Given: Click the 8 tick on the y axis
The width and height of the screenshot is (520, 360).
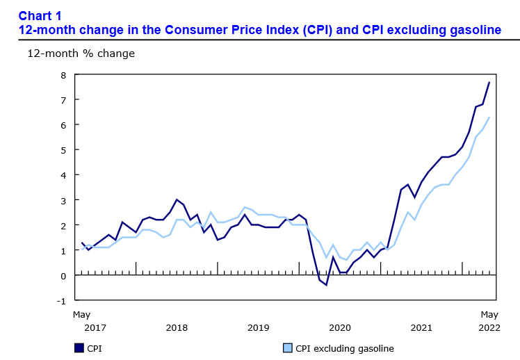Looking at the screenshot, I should [63, 75].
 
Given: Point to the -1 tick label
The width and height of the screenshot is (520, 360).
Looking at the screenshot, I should [61, 301].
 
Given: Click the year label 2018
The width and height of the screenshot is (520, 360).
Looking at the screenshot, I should [177, 327].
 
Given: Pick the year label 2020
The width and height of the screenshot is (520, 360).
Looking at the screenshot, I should [340, 327].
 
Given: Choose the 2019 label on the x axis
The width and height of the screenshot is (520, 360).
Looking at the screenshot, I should [259, 327].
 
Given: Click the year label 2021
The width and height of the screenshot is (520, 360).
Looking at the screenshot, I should [421, 327].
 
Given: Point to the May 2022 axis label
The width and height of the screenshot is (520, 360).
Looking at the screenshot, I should [489, 320].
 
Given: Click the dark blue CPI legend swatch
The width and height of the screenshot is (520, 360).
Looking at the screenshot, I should [79, 348].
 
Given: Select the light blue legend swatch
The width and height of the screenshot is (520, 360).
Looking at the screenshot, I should [288, 348].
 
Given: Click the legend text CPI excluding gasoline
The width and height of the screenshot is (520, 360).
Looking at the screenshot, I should [345, 348].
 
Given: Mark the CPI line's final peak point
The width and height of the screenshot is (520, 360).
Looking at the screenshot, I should [489, 83].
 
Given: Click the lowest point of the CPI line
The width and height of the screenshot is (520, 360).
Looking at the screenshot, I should [326, 285].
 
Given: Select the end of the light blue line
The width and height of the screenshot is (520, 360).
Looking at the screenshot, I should [489, 117].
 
